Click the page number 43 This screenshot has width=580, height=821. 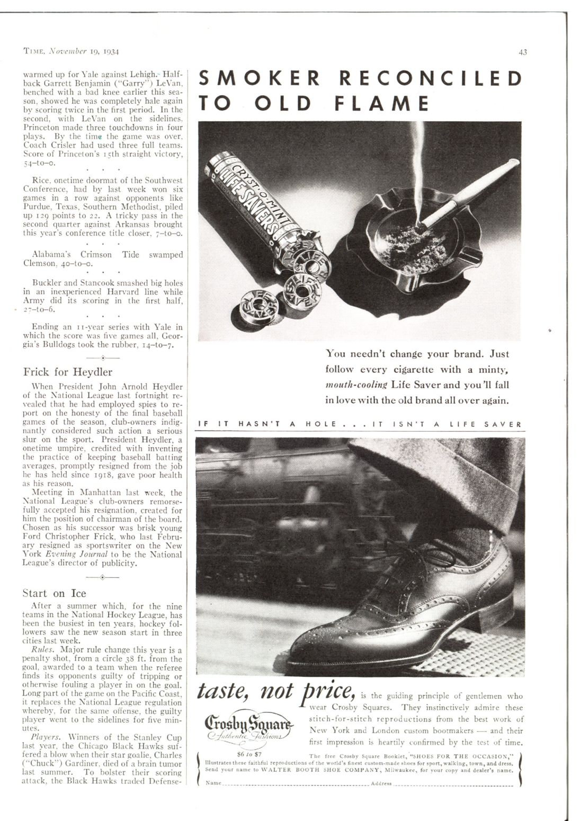[522, 52]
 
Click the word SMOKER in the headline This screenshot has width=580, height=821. [259, 78]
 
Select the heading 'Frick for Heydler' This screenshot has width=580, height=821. [67, 372]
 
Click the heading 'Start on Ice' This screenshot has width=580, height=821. [54, 593]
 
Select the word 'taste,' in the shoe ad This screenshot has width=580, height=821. [222, 692]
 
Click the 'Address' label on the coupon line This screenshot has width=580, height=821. [381, 783]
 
